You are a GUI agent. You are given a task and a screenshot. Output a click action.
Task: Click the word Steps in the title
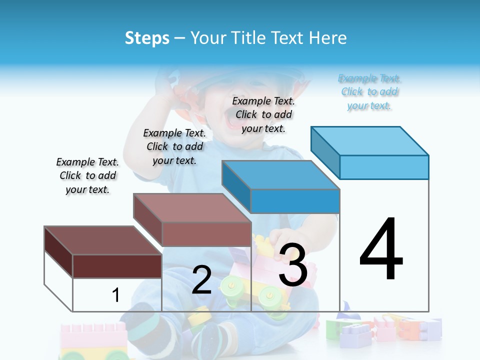[x=147, y=38]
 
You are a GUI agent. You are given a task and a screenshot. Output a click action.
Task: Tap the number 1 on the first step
[x=115, y=295]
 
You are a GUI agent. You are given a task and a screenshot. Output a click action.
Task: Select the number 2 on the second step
[x=201, y=280]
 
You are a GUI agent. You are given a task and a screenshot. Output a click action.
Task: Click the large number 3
[x=292, y=265]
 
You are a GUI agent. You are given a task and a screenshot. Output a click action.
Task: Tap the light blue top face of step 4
[x=370, y=141]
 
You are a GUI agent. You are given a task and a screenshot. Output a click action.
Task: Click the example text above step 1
[x=87, y=175]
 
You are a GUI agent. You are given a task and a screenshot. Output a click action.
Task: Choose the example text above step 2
[x=174, y=146]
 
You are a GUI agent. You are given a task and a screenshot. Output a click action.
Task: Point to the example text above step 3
[x=263, y=114]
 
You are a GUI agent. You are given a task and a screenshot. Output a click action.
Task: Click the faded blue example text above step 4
[x=369, y=92]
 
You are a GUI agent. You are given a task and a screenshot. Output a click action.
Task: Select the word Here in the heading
[x=328, y=38]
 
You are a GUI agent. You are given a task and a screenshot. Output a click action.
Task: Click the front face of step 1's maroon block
[x=117, y=266]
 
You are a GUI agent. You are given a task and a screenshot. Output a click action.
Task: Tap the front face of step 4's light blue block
[x=384, y=167]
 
